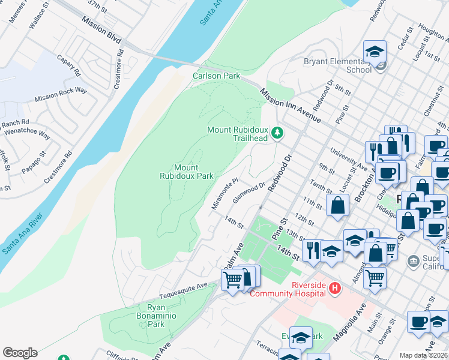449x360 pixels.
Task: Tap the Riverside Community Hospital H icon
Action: [x=335, y=289]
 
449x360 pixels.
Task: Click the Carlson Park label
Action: [x=216, y=76]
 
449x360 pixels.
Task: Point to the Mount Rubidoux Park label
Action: [x=187, y=172]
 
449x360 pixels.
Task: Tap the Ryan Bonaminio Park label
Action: [x=147, y=316]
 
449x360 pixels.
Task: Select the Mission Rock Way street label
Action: [x=61, y=94]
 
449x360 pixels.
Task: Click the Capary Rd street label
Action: [x=69, y=65]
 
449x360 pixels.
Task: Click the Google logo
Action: [x=20, y=353]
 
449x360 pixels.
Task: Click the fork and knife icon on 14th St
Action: [x=312, y=249]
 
